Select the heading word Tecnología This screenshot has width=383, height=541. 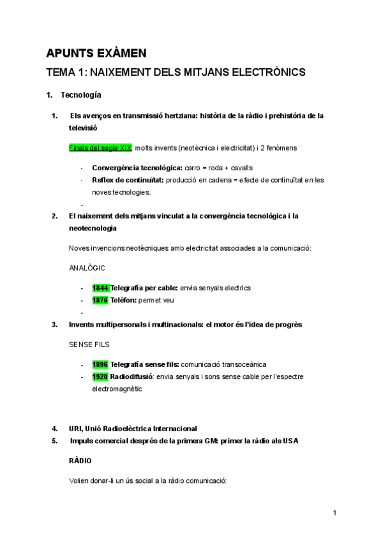pos(80,95)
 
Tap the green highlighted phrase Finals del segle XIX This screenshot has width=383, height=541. pos(100,148)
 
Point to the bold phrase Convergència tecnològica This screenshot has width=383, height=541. pos(137,168)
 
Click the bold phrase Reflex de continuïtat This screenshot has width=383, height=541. pos(128,180)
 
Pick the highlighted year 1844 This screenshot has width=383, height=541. pos(100,288)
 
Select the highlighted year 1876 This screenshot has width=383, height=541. pos(100,300)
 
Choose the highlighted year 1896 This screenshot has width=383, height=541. pos(100,364)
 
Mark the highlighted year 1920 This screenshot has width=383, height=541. pos(100,376)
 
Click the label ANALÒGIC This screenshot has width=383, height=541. pos(87,268)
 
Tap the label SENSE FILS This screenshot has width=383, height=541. pos(89,344)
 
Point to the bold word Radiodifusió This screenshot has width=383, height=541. pos(133,376)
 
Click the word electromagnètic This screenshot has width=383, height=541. pos(117,388)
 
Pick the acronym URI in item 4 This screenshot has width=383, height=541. pos(75,429)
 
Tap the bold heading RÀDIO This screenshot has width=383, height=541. pos(80,460)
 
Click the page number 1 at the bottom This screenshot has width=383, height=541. pos(334,512)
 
